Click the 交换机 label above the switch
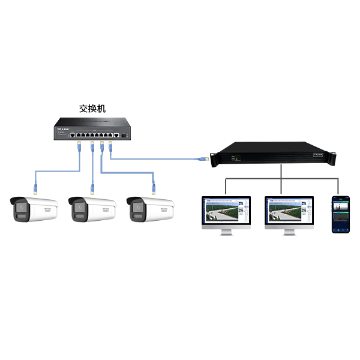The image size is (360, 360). [92, 109]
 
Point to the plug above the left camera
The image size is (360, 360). [35, 188]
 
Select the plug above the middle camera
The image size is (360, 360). [93, 188]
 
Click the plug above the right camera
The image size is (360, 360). [153, 188]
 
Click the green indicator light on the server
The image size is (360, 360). [236, 159]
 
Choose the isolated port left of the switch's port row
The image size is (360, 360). [73, 136]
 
